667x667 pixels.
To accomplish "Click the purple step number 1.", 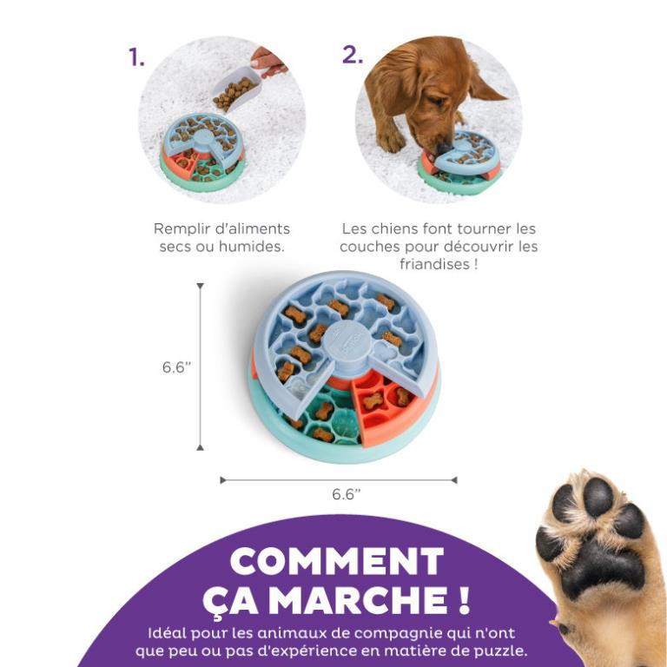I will [136, 57].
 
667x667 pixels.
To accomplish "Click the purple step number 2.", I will [352, 54].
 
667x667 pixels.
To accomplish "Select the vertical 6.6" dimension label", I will [175, 367].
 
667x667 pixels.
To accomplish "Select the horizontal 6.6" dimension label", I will [346, 494].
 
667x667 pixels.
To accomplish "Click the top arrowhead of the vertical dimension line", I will [200, 286].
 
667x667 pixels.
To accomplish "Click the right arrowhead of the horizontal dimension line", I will [453, 479].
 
